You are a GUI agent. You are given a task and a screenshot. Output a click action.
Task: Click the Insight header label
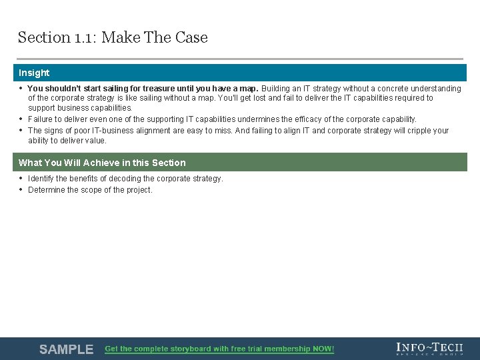coord(34,73)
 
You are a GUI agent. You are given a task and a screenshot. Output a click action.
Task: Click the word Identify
coord(43,179)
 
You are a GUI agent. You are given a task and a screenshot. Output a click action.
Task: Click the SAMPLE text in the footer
coord(66,349)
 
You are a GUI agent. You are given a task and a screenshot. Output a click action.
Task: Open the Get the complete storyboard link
coord(219,349)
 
